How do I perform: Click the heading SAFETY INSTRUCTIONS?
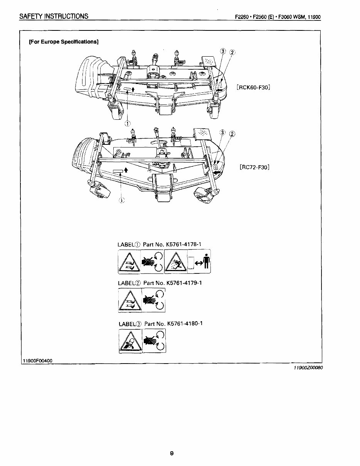(x=54, y=16)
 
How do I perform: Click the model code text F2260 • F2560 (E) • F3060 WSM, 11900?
(x=278, y=17)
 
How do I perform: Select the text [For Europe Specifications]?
(x=64, y=42)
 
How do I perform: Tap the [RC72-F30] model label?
(x=254, y=167)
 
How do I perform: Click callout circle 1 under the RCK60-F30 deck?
(x=127, y=123)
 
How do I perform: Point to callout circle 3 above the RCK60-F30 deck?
(x=223, y=52)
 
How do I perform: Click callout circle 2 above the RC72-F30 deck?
(x=232, y=134)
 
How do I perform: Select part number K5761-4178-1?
(x=184, y=244)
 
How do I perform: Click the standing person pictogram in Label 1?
(x=206, y=261)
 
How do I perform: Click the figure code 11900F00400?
(x=38, y=360)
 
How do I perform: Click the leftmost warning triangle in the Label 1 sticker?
(x=130, y=262)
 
